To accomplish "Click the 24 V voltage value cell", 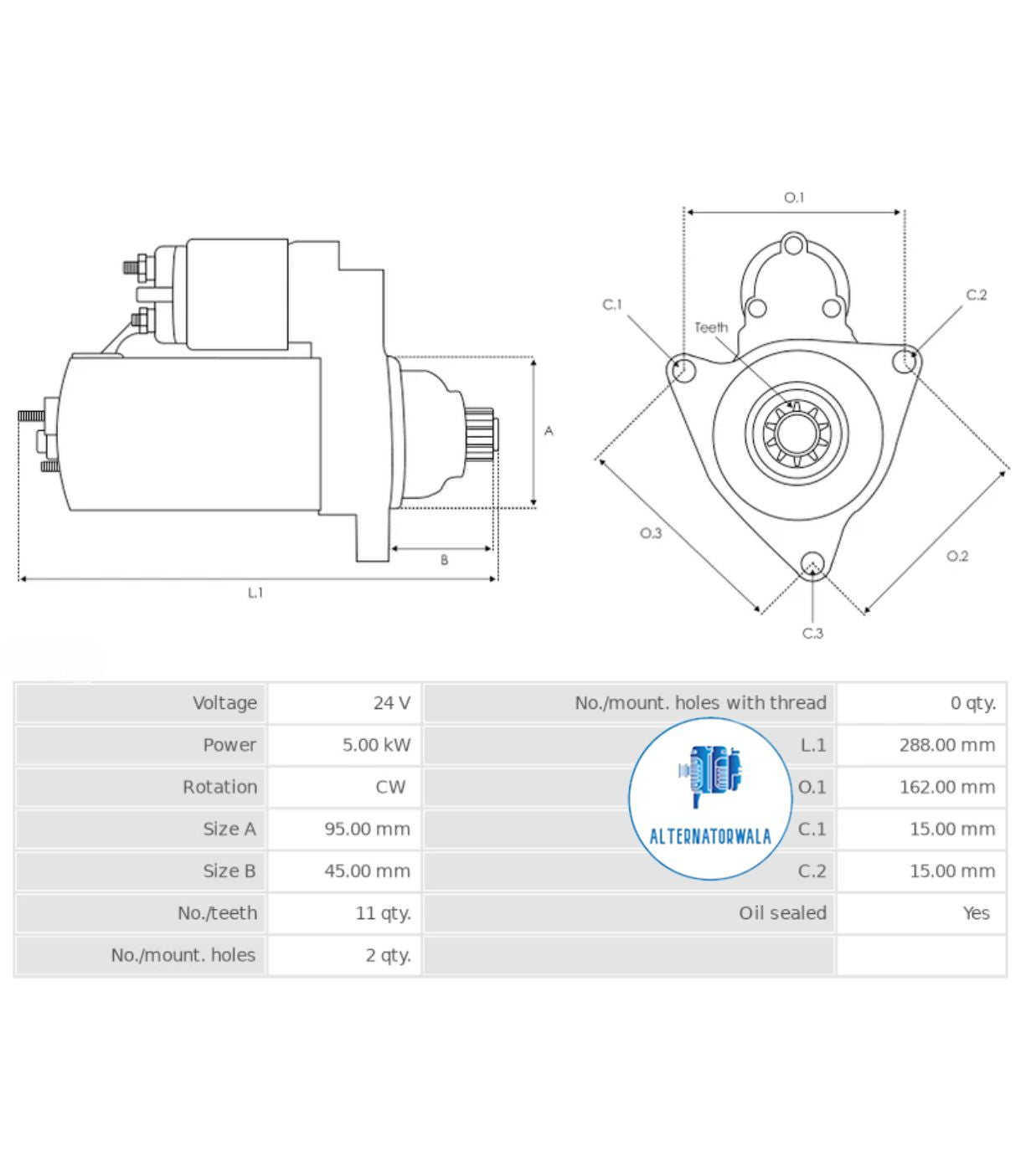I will tap(391, 703).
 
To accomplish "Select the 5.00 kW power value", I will tap(376, 745).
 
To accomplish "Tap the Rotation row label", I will tap(219, 787).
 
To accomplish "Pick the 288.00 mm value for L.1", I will tap(946, 745).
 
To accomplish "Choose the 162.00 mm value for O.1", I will tap(946, 787).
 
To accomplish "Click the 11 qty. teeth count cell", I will tap(383, 913).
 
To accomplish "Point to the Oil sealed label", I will tap(781, 913).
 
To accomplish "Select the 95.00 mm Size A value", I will tap(367, 829).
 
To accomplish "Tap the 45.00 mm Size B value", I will tap(367, 871).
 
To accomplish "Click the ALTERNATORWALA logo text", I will tap(710, 836).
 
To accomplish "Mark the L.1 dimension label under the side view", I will tap(255, 593).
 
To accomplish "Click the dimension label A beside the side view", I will tap(549, 431).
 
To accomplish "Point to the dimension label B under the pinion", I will tap(444, 560).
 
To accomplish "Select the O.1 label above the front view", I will tap(793, 198).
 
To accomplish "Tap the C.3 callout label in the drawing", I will tap(812, 634).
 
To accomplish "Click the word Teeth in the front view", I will tap(711, 327).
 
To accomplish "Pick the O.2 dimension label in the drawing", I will tap(957, 557).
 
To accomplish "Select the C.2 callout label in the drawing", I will tap(977, 295).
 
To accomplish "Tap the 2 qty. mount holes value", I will tap(388, 955).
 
